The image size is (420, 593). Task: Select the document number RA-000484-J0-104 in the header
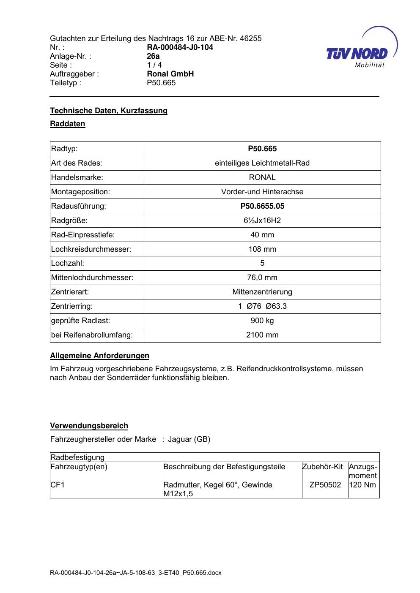(x=180, y=47)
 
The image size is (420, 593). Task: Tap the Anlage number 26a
(x=153, y=56)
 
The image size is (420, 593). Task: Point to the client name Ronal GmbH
(x=170, y=74)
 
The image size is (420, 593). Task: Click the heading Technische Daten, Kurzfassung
(x=109, y=111)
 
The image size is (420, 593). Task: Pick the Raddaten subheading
(x=68, y=124)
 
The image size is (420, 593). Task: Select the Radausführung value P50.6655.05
(x=262, y=206)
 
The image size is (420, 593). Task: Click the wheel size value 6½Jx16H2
(x=262, y=220)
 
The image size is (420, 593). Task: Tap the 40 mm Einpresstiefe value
(x=262, y=235)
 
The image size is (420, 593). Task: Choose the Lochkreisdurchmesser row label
(x=91, y=249)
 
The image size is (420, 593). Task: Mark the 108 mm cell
(x=262, y=249)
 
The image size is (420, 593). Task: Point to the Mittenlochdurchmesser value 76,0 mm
(x=262, y=277)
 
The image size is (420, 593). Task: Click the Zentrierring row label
(x=72, y=306)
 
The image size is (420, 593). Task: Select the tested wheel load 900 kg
(x=262, y=321)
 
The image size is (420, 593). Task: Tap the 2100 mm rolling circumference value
(x=262, y=335)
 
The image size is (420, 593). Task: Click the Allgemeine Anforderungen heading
(x=99, y=356)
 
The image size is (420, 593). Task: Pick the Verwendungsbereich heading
(x=89, y=426)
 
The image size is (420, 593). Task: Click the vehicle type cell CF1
(x=58, y=485)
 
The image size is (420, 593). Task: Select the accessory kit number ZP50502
(x=325, y=485)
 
